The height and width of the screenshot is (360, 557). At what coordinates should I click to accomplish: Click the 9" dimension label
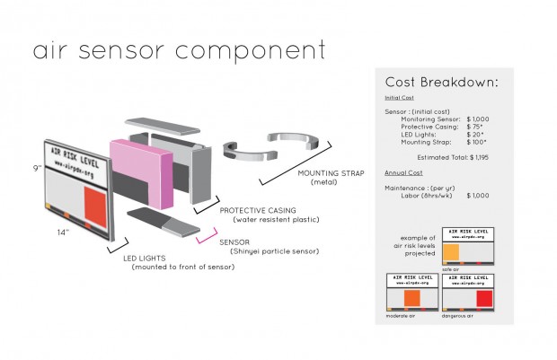tap(35, 169)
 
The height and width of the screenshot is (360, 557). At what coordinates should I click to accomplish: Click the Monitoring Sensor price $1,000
tap(477, 119)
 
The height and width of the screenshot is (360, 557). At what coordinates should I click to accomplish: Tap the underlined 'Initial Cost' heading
tap(399, 97)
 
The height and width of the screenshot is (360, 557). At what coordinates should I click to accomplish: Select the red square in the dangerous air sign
tap(484, 298)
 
